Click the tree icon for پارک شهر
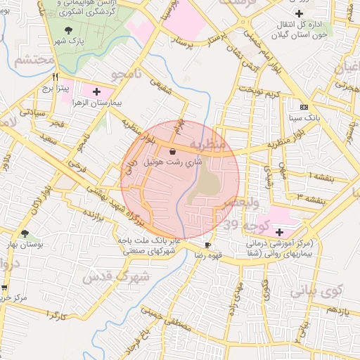point(68,30)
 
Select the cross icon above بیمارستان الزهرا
point(96,91)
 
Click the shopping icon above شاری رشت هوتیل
point(173,150)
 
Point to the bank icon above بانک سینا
point(304,107)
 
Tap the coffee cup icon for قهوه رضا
point(207,245)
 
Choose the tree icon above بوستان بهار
point(25,233)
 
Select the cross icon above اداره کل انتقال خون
point(300,13)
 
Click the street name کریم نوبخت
point(258,93)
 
